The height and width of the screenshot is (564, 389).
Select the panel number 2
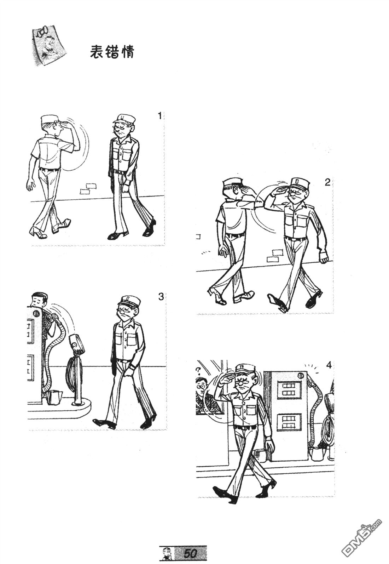point(327,182)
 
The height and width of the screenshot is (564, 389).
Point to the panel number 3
point(161,297)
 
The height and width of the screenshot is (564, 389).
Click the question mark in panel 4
point(198,370)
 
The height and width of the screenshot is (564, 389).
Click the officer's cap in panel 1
point(123,118)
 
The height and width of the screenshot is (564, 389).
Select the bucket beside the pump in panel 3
point(55,397)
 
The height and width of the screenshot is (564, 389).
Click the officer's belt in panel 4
point(245,426)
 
